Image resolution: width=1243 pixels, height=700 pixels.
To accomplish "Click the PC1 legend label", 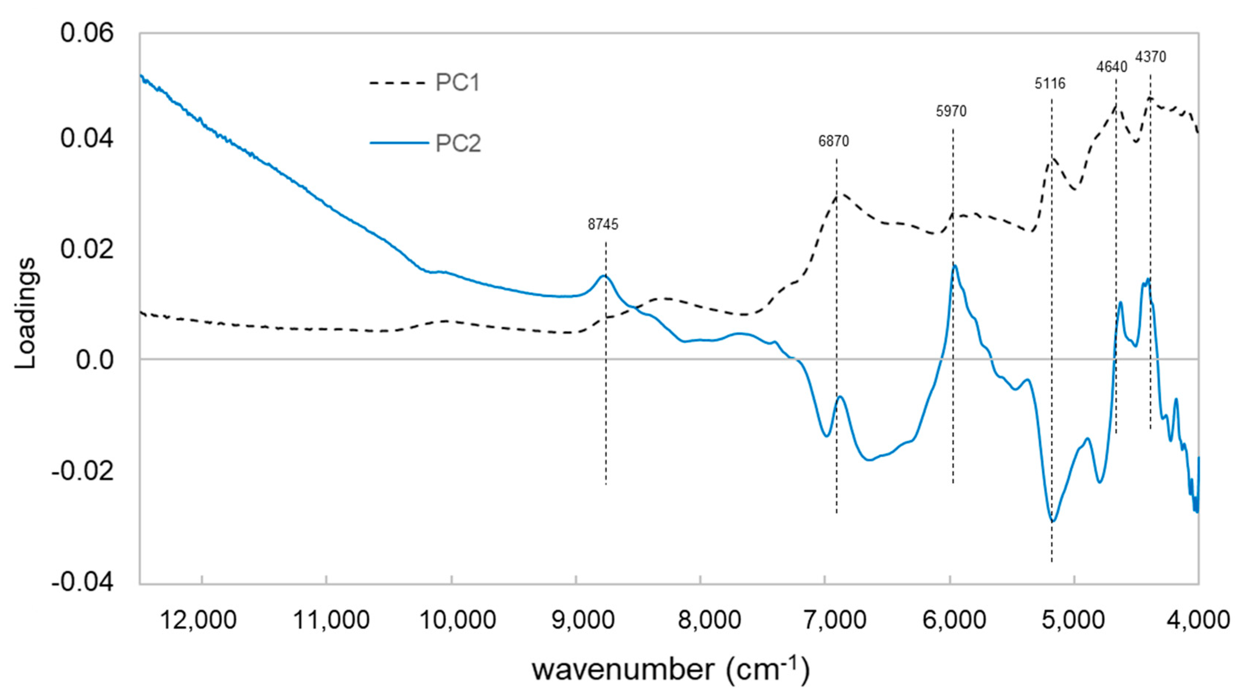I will point(458,83).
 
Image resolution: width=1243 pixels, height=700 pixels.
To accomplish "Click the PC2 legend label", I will point(458,143).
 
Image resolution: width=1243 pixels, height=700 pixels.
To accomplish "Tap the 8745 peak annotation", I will point(603,224).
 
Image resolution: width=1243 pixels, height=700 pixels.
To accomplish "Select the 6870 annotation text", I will point(833,141).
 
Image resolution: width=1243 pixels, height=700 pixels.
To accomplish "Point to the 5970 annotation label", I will point(951,111).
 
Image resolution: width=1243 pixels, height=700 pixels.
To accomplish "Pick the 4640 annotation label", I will point(1111,67).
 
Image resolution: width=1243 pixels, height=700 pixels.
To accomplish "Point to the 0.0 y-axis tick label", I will point(94,360).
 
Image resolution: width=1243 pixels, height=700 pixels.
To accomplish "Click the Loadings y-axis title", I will point(25,314).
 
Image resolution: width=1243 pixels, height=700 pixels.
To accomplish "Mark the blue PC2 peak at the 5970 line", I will point(954,266).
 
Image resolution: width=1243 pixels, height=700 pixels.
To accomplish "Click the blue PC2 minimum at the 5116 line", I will point(1052,521).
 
